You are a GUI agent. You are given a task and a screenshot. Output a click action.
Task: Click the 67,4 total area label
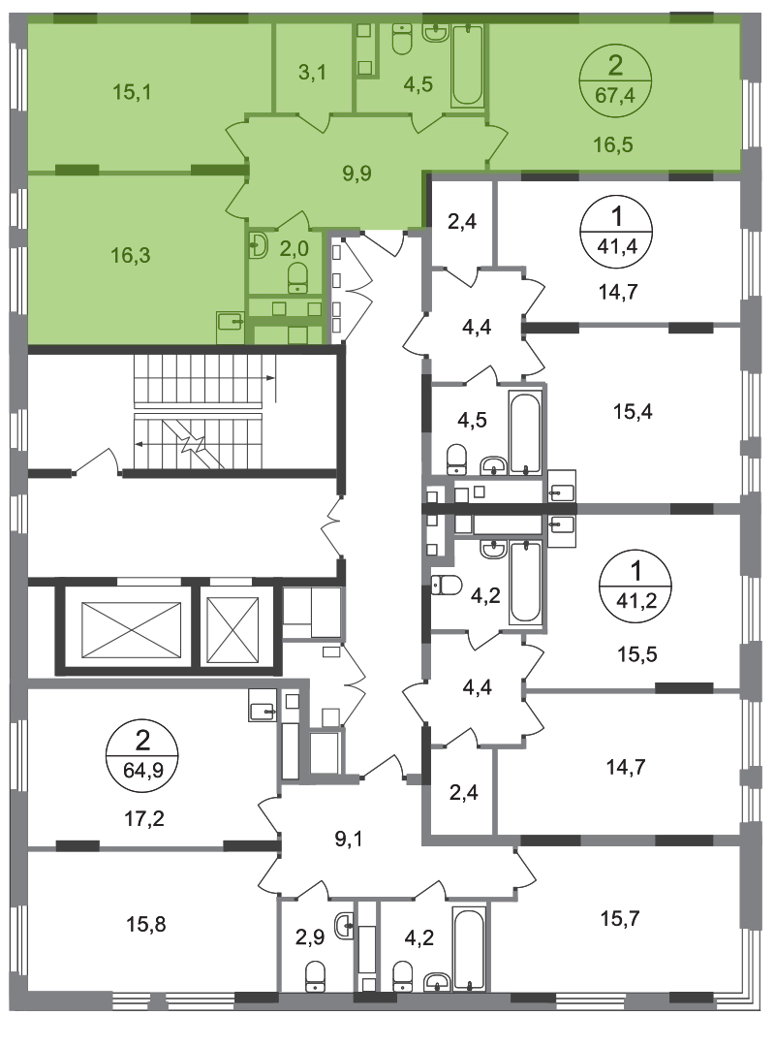614,95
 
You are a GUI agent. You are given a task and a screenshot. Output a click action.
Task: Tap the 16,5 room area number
613,144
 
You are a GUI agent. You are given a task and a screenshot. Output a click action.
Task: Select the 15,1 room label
132,91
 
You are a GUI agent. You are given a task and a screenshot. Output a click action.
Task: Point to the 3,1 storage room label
312,72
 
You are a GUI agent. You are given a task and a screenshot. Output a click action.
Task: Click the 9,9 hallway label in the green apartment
357,173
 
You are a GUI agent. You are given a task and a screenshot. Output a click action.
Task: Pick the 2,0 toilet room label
294,248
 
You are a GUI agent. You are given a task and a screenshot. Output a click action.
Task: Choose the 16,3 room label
131,254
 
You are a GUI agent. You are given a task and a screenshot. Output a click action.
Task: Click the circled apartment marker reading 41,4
617,232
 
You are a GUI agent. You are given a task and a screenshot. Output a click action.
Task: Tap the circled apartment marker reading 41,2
635,586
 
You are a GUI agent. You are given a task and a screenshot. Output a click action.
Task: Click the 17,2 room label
145,817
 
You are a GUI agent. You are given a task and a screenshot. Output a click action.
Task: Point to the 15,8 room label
145,924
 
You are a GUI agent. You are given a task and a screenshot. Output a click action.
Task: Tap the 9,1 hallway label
349,839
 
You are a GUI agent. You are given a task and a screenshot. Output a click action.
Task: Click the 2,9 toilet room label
310,936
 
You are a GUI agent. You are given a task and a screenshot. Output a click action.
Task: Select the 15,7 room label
620,919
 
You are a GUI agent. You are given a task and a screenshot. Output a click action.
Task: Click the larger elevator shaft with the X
131,630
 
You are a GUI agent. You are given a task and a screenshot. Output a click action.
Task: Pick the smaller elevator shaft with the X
232,630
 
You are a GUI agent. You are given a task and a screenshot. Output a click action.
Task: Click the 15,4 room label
633,411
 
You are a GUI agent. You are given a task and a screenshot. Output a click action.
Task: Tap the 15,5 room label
636,653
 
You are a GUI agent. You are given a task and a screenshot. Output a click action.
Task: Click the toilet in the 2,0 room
297,277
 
